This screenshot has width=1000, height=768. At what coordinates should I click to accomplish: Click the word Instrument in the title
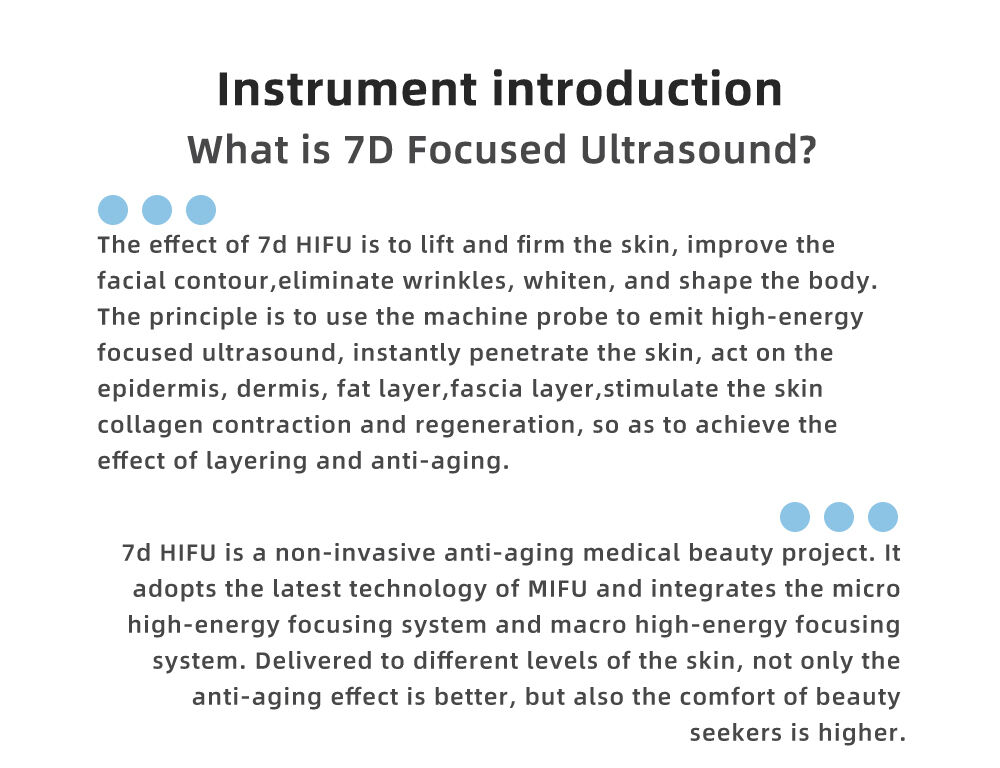click(347, 89)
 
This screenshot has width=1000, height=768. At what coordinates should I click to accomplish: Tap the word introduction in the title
click(637, 89)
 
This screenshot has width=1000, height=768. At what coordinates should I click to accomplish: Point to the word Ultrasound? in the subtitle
click(698, 150)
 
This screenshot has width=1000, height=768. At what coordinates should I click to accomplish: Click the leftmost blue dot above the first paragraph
click(113, 210)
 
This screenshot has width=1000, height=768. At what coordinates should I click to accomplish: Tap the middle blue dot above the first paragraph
click(157, 210)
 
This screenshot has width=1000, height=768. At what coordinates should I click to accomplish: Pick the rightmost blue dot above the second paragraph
click(883, 517)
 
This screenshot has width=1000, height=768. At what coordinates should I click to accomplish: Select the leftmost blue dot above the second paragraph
click(795, 517)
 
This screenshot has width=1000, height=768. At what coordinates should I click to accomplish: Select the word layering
click(256, 462)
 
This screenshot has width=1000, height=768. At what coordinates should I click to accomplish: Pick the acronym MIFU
click(558, 588)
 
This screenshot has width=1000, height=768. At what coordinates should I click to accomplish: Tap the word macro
click(589, 624)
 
